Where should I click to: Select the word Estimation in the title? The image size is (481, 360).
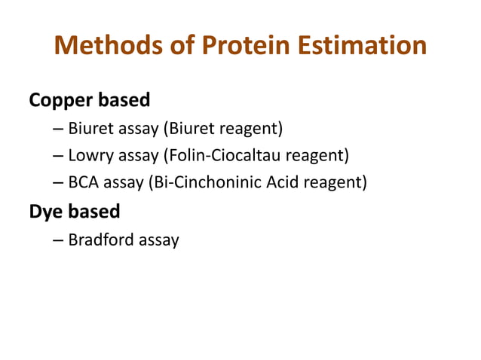pos(367,47)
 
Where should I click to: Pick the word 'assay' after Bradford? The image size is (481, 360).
pos(158,240)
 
